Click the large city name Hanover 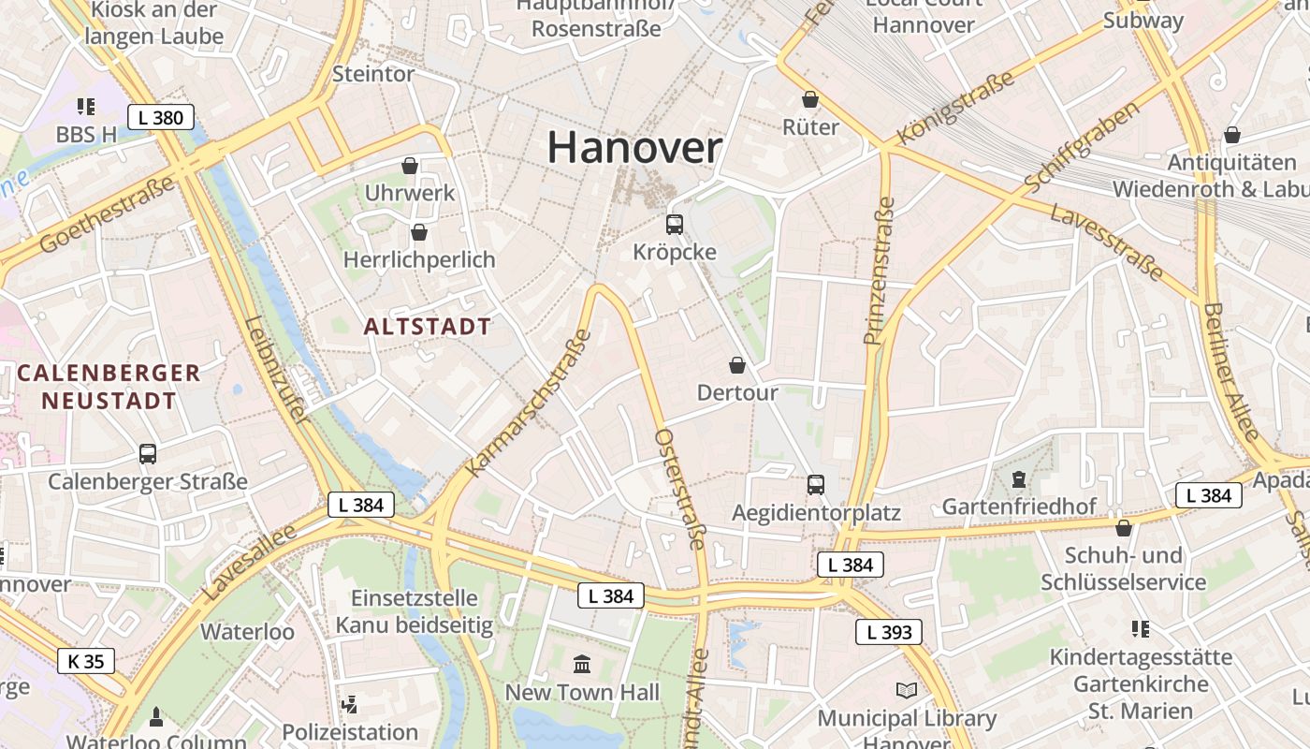point(634,148)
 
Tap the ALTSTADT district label point(427,327)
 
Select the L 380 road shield point(161,117)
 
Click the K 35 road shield point(86,661)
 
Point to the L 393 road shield point(889,632)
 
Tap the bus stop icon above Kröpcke point(675,225)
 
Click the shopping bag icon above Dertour point(737,365)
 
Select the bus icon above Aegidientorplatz point(816,485)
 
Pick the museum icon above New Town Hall point(582,665)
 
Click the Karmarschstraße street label point(530,403)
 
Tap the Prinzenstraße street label point(875,272)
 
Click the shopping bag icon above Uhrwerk point(410,166)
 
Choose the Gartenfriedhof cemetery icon point(1018,480)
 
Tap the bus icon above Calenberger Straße point(148,454)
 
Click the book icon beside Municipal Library point(906,691)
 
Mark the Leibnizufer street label point(277,369)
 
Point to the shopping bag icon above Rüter point(810,99)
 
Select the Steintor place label point(373,74)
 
